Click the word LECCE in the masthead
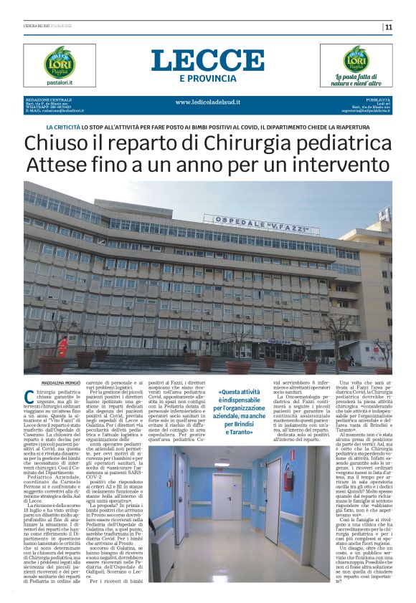(x=207, y=59)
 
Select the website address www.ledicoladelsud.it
(x=207, y=102)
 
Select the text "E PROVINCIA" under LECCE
(x=208, y=77)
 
